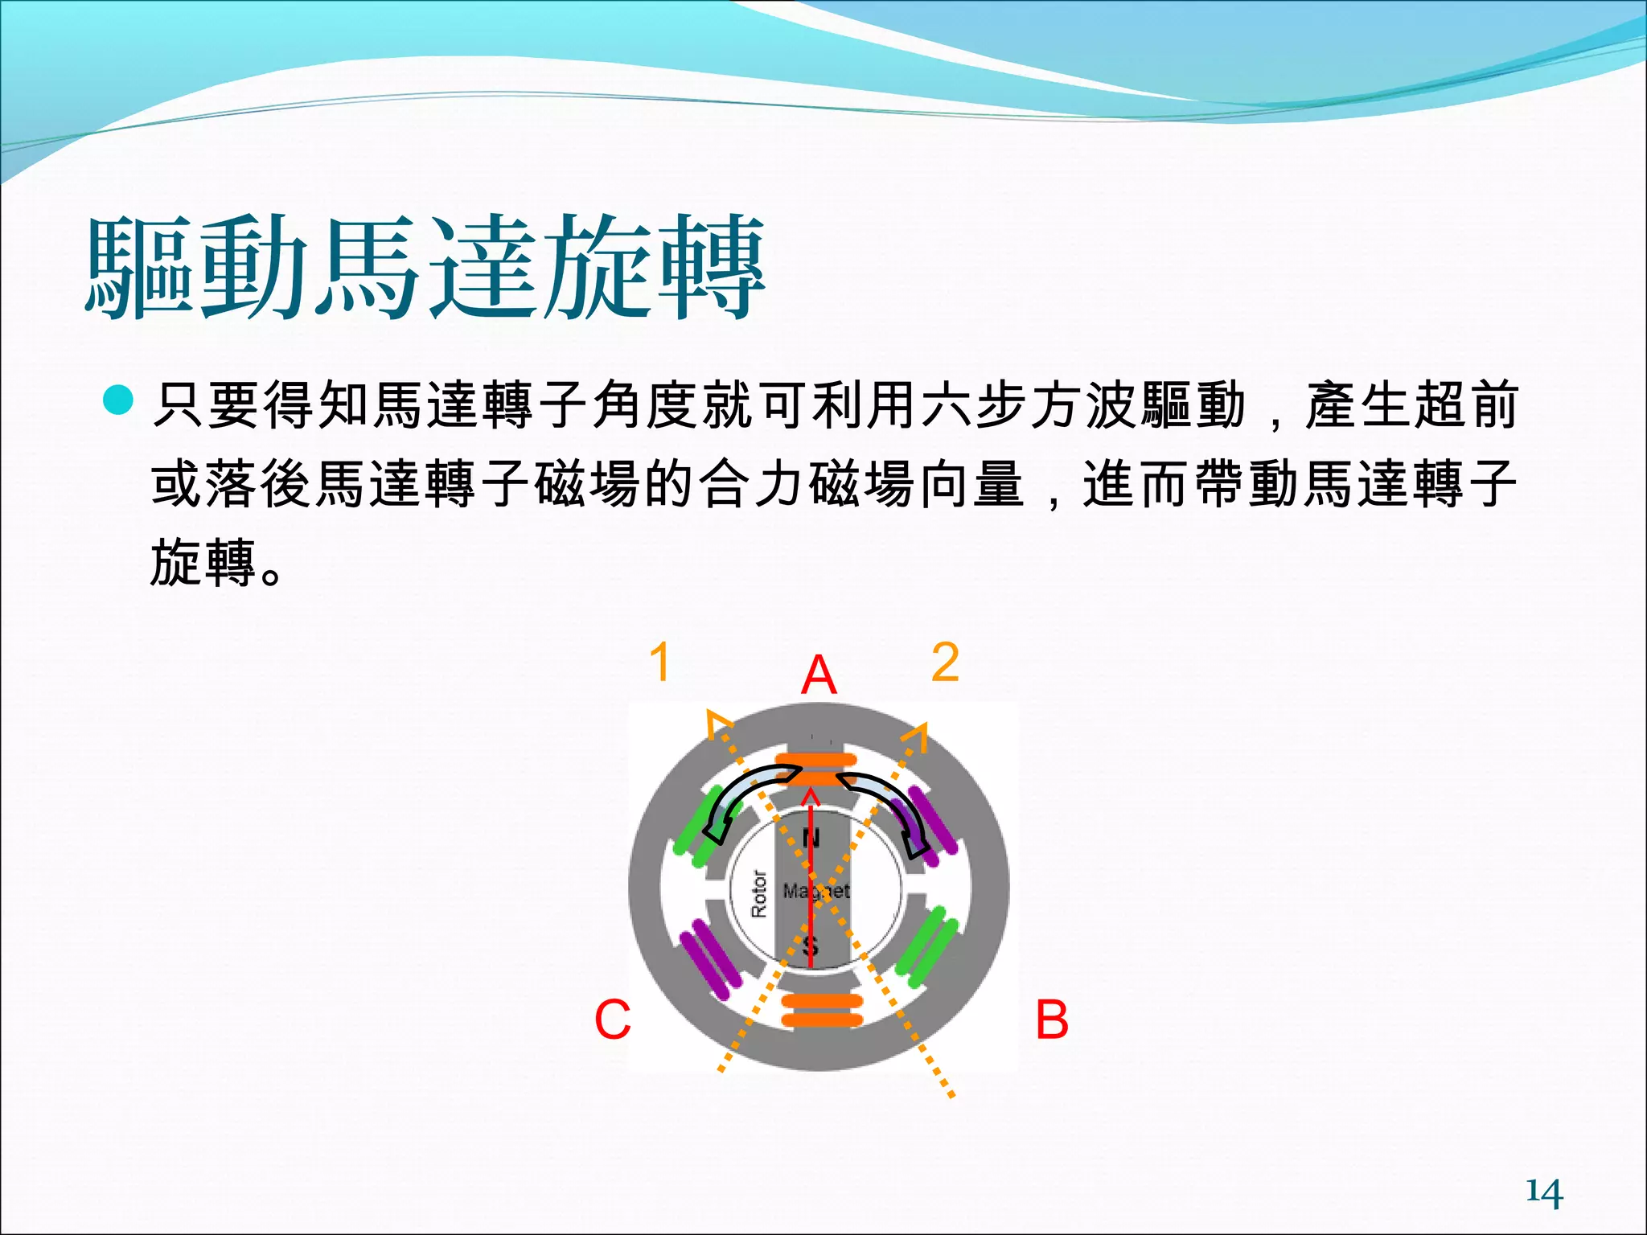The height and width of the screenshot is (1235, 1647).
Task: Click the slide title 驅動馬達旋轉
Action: click(425, 267)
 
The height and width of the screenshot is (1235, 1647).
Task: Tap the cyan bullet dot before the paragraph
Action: click(118, 400)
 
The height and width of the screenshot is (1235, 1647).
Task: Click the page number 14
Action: click(1544, 1192)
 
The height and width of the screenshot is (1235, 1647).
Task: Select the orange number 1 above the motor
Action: click(659, 663)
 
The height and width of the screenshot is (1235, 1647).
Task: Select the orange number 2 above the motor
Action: click(945, 663)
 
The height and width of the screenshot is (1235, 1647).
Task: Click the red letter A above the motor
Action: click(819, 675)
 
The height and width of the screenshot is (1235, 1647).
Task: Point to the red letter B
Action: click(1051, 1020)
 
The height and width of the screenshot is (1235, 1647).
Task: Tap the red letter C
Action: click(612, 1020)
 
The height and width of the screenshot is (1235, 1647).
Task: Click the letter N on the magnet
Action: click(811, 839)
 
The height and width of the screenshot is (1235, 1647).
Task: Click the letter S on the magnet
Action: click(811, 944)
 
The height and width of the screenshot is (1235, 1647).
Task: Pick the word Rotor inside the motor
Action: click(758, 892)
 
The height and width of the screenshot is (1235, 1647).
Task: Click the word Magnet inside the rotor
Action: click(816, 891)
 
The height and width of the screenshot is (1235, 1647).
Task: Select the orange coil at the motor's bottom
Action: click(821, 1011)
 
